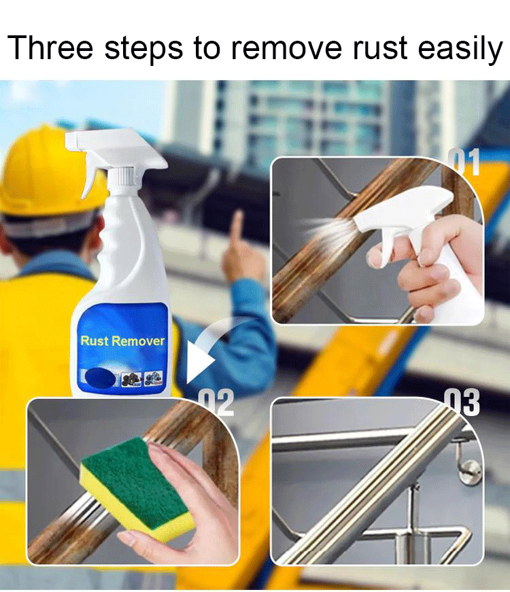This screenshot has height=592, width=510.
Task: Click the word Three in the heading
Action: (x=50, y=47)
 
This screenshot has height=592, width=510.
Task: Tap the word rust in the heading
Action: (x=380, y=48)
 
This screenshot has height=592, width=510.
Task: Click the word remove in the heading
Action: (x=286, y=48)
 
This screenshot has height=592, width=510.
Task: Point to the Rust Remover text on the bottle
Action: (x=122, y=341)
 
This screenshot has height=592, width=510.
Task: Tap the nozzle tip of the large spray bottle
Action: (x=69, y=140)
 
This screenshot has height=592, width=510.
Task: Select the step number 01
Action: (x=464, y=162)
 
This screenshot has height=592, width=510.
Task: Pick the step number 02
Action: (x=217, y=402)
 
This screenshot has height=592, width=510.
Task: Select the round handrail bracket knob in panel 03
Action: (x=471, y=471)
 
